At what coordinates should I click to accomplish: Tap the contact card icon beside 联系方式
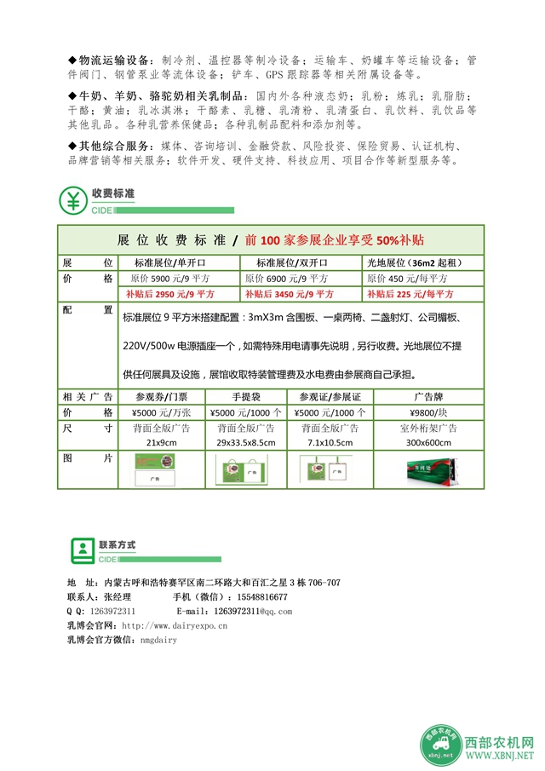point(82,550)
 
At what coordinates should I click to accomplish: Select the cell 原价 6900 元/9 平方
point(287,279)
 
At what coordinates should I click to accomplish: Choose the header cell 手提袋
point(245,397)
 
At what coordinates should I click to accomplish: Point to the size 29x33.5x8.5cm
point(245,443)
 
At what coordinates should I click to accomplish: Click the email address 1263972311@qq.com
point(252,612)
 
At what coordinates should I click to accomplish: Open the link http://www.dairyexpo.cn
point(175,625)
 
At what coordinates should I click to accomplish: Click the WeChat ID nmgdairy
point(158,640)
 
